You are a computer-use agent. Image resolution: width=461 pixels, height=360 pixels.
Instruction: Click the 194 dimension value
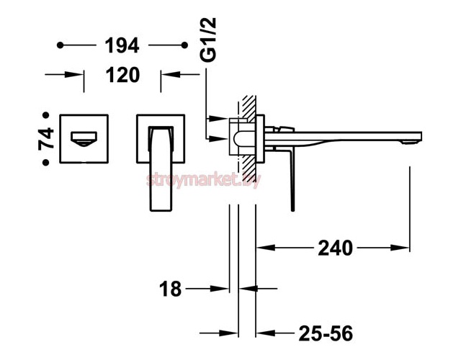point(122,45)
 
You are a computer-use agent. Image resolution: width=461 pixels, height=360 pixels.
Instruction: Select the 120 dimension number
point(122,75)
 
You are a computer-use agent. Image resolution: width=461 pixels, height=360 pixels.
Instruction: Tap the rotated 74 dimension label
point(46,139)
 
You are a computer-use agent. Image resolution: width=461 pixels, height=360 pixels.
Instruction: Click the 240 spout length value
point(336,248)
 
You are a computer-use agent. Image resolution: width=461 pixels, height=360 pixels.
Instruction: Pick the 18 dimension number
point(171,289)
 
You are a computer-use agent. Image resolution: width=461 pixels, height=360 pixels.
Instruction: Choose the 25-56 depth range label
point(326,333)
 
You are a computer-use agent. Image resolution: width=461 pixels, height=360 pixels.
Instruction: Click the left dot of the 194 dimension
point(61,45)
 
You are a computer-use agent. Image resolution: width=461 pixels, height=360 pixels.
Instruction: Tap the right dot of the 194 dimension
point(184,45)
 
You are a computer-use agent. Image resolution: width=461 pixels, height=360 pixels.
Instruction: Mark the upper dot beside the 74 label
point(46,115)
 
